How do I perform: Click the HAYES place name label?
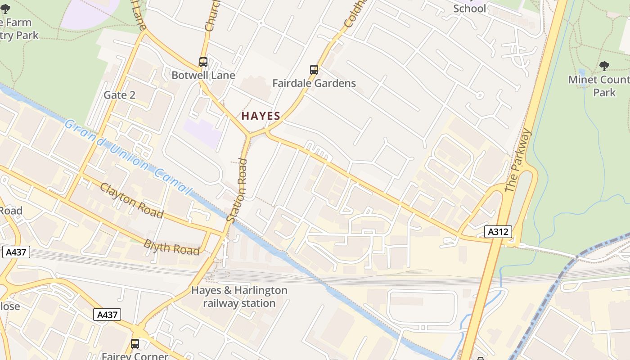261,116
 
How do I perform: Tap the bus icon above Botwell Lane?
203,62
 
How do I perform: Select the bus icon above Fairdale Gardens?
314,70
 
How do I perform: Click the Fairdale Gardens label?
314,83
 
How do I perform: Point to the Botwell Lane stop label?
203,75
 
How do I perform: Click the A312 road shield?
498,232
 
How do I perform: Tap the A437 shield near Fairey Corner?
108,315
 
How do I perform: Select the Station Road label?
237,190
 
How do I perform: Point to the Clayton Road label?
131,200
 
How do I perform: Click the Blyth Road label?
171,247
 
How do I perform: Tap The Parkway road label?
518,161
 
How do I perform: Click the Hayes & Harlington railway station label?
239,297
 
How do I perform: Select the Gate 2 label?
119,95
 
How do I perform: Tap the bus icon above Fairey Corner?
135,344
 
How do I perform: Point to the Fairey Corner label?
135,356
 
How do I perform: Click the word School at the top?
469,8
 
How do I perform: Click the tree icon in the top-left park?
5,9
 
